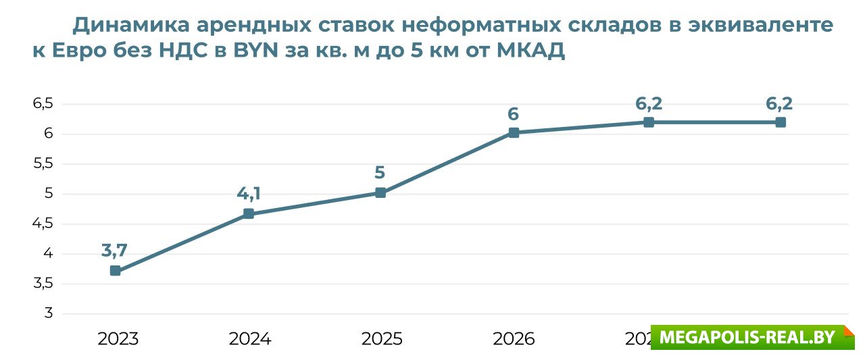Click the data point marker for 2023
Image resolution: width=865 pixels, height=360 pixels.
[116, 271]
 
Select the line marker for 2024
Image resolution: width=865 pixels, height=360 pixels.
[248, 214]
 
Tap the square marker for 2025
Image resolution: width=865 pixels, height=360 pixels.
[380, 193]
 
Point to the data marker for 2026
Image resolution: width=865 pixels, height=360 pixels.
[514, 133]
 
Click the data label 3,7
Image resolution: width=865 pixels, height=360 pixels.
[114, 251]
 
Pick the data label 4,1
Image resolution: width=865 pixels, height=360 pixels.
[248, 194]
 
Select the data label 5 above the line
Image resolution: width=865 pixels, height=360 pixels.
[380, 173]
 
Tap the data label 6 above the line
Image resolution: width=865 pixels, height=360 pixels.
[514, 113]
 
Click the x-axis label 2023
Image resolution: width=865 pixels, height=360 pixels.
[118, 338]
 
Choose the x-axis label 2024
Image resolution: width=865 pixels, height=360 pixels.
[250, 338]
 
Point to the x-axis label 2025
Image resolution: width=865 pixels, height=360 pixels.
[382, 338]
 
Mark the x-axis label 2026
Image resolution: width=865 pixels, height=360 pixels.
[514, 338]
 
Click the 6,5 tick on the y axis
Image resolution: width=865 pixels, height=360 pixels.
[43, 103]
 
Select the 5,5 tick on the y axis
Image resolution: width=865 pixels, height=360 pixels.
[43, 163]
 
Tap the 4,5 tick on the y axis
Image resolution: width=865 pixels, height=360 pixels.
[43, 224]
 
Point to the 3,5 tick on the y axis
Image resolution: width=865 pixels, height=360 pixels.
[43, 284]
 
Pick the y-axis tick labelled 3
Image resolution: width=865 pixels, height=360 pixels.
[48, 313]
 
